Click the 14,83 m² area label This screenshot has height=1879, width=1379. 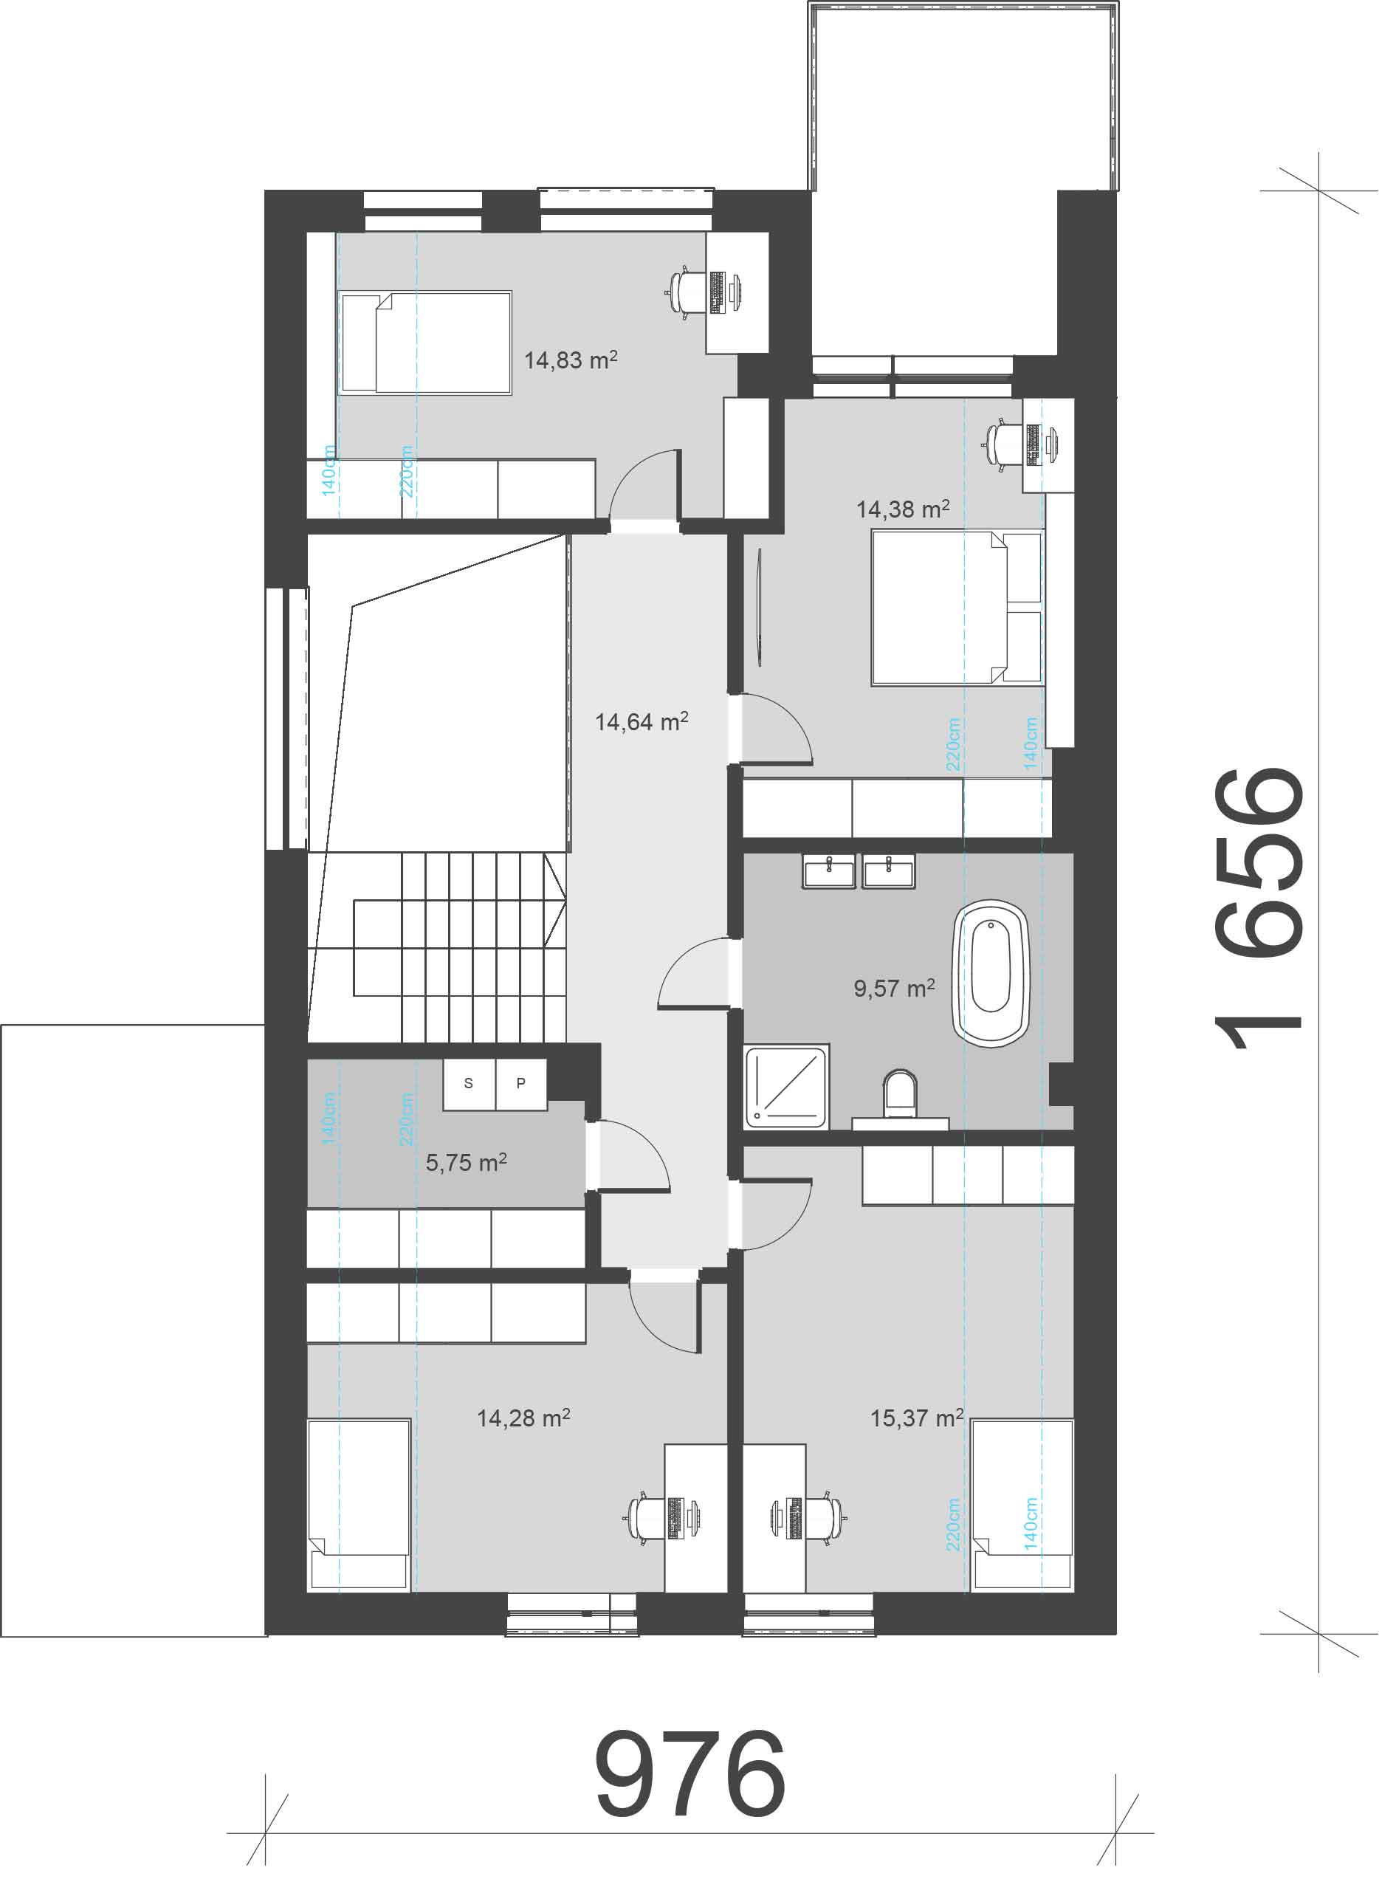click(x=571, y=360)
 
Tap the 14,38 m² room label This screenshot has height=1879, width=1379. click(x=903, y=509)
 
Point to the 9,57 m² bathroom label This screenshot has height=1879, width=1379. click(x=894, y=989)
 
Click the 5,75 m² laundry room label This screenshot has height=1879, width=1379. click(x=467, y=1162)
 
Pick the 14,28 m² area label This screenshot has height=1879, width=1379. click(x=524, y=1418)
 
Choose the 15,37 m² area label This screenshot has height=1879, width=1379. click(x=918, y=1418)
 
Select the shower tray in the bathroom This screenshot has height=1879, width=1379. click(x=787, y=1086)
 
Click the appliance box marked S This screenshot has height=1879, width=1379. click(x=469, y=1084)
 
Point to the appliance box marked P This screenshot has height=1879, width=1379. click(x=522, y=1084)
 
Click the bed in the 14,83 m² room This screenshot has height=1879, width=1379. click(x=425, y=343)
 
